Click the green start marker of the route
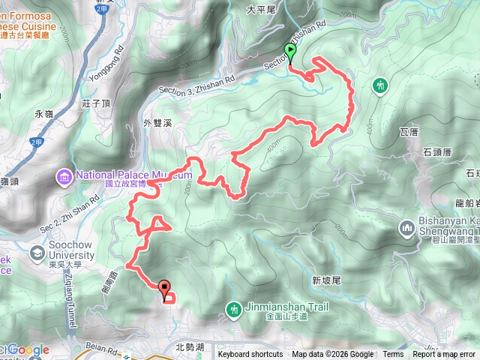pos(290,52)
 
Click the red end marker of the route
pos(164,285)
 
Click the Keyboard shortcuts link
pos(250,355)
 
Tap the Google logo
pos(28,349)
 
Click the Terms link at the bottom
pos(393,355)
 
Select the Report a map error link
pos(444,355)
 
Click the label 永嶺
pos(44,114)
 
